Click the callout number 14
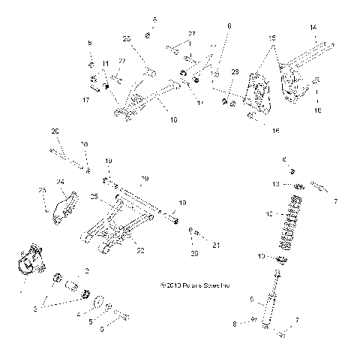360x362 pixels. (312, 27)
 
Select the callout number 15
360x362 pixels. (271, 37)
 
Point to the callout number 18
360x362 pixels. (317, 110)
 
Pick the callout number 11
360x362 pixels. (106, 63)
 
